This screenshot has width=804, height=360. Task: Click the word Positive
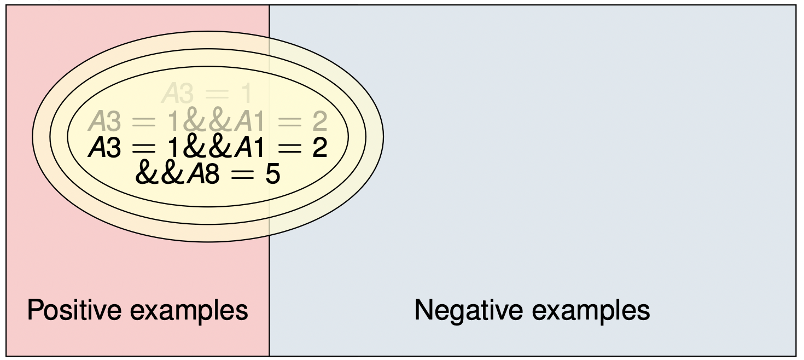pos(74,310)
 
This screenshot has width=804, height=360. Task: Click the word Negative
pos(468,310)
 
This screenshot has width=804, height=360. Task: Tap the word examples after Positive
pos(189,311)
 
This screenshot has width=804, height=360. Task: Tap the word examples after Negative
pos(591,311)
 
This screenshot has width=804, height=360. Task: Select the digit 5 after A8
pos(272,175)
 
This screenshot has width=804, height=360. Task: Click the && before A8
pos(160,174)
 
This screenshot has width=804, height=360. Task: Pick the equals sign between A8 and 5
pos(242,175)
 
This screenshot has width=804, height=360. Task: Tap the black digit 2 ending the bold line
pos(319,148)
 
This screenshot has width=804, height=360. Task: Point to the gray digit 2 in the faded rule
pos(319,121)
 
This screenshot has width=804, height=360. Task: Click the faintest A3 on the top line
pos(177,94)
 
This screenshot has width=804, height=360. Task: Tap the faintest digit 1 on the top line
pos(247,94)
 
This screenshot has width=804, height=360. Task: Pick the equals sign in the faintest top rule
pos(217,94)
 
